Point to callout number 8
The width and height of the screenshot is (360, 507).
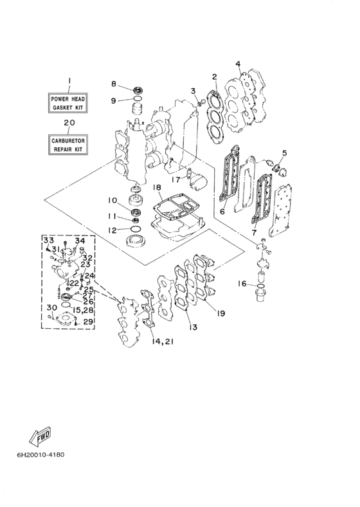[114, 84]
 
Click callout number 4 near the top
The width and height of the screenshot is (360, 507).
[238, 64]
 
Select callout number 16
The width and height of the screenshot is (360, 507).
[243, 284]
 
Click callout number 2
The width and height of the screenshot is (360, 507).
[215, 77]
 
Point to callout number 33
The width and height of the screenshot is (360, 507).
[48, 241]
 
